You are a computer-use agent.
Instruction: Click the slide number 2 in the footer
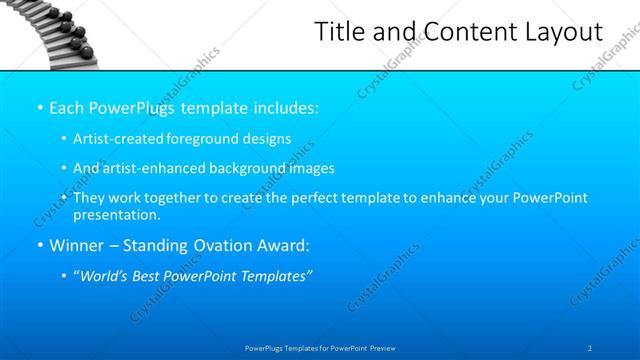(x=590, y=347)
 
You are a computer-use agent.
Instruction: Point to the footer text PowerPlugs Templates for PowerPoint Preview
(x=320, y=347)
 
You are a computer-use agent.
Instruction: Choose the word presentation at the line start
(x=116, y=214)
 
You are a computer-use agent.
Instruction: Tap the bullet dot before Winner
(x=38, y=244)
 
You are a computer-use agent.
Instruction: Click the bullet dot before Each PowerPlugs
(x=38, y=107)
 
